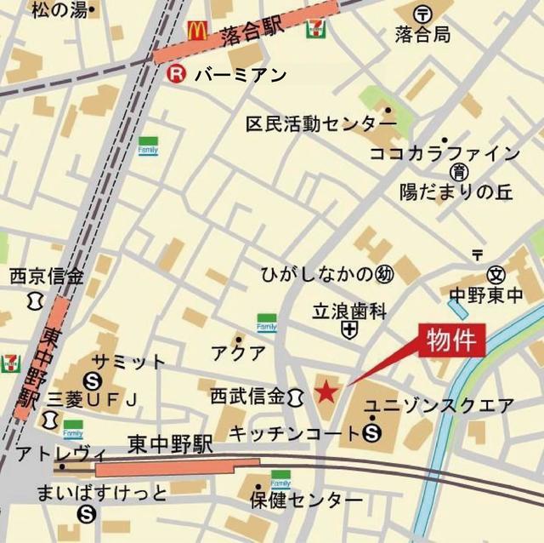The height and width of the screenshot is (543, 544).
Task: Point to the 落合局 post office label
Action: [422, 35]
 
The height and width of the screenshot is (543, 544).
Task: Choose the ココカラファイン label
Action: [444, 154]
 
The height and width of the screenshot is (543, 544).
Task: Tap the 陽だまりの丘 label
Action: [456, 192]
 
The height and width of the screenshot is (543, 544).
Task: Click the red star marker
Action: [325, 392]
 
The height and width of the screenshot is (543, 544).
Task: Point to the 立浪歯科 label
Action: [348, 311]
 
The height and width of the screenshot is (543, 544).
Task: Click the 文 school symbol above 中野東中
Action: [496, 275]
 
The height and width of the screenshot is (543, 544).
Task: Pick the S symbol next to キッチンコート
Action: [371, 434]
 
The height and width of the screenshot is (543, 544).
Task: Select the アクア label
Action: [239, 352]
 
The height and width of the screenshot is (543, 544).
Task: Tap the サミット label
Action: [129, 361]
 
